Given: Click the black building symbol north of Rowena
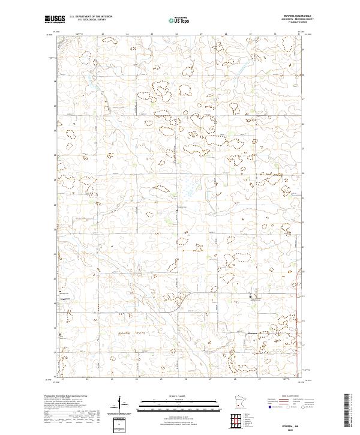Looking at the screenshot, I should [x=251, y=295].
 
